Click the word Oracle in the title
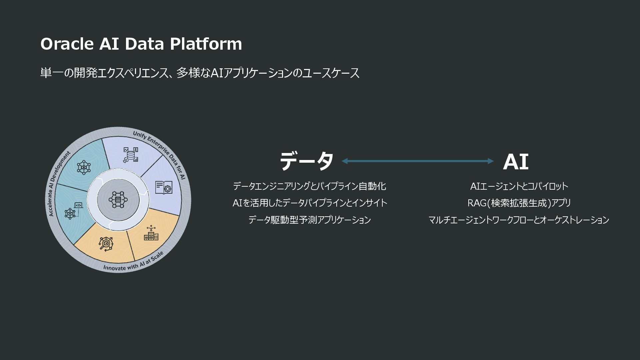coord(67,44)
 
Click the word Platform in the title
coord(206,44)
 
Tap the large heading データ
coord(306,161)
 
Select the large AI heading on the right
coord(515,162)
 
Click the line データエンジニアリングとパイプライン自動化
coord(309,186)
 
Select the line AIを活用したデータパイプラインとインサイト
coord(310,203)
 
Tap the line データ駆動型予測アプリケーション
coord(309,220)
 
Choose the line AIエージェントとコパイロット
coord(519,186)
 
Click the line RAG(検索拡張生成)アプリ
coord(519,203)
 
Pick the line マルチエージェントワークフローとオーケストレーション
coord(519,220)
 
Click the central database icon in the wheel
coord(118,200)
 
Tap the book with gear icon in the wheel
coord(164,187)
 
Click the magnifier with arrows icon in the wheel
coord(106,244)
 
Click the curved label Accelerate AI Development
coord(59,183)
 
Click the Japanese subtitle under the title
coord(200,73)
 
